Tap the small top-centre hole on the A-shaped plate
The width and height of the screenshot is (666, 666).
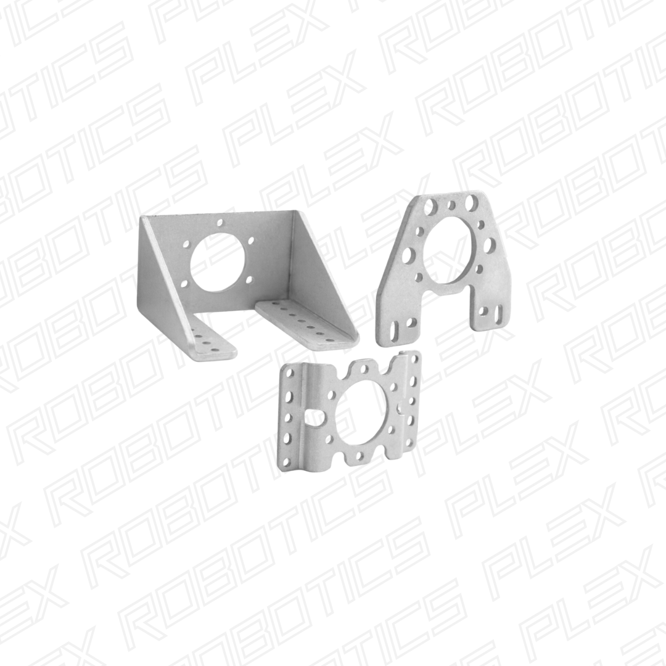tap(452, 205)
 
